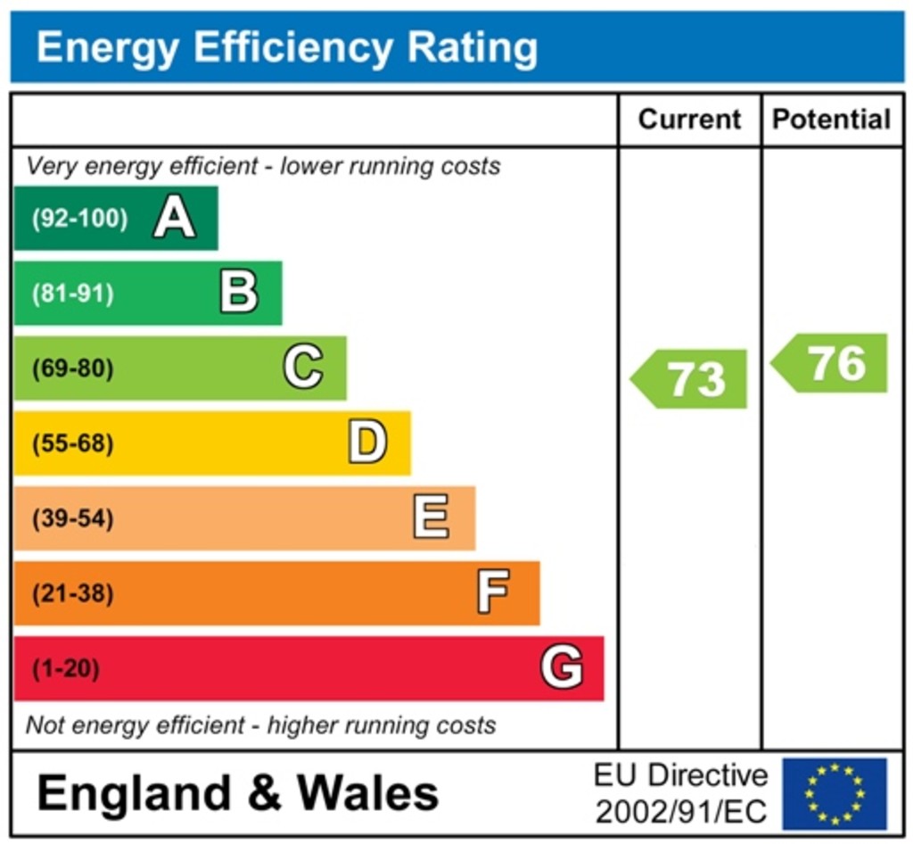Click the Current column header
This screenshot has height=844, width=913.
[x=689, y=120]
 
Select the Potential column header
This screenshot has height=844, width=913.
[x=831, y=120]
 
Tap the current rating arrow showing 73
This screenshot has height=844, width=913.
[x=690, y=379]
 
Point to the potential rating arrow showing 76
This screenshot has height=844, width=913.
[x=830, y=363]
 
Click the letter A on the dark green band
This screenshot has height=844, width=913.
[x=174, y=218]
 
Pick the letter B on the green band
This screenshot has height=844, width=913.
[x=239, y=293]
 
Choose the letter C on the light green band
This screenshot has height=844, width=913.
[x=303, y=368]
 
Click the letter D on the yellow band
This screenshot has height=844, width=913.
[x=367, y=443]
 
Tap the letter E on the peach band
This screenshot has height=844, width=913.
[x=432, y=517]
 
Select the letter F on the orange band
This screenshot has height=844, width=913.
[x=494, y=592]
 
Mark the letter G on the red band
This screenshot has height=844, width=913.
[x=562, y=667]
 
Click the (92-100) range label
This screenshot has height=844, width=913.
[x=79, y=219]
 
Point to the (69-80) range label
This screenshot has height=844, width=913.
[x=73, y=368]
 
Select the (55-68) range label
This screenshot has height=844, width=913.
[x=73, y=443]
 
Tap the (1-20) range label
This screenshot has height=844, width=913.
[x=66, y=668]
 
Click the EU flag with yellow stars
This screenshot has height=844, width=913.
[x=835, y=794]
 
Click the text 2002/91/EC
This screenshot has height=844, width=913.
[x=681, y=811]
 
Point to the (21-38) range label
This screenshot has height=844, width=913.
[x=73, y=593]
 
